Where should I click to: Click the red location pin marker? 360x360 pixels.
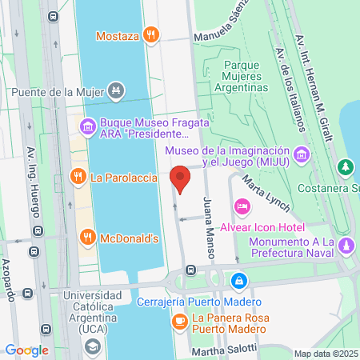(181, 179)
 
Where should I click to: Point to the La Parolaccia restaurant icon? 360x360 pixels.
(78, 177)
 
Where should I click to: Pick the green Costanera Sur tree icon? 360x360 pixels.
(345, 167)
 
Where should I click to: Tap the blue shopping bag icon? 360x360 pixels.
(238, 282)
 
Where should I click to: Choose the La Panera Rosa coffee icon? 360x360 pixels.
(180, 322)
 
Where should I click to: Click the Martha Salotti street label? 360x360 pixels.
(225, 350)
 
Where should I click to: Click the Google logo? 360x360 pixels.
(26, 350)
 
